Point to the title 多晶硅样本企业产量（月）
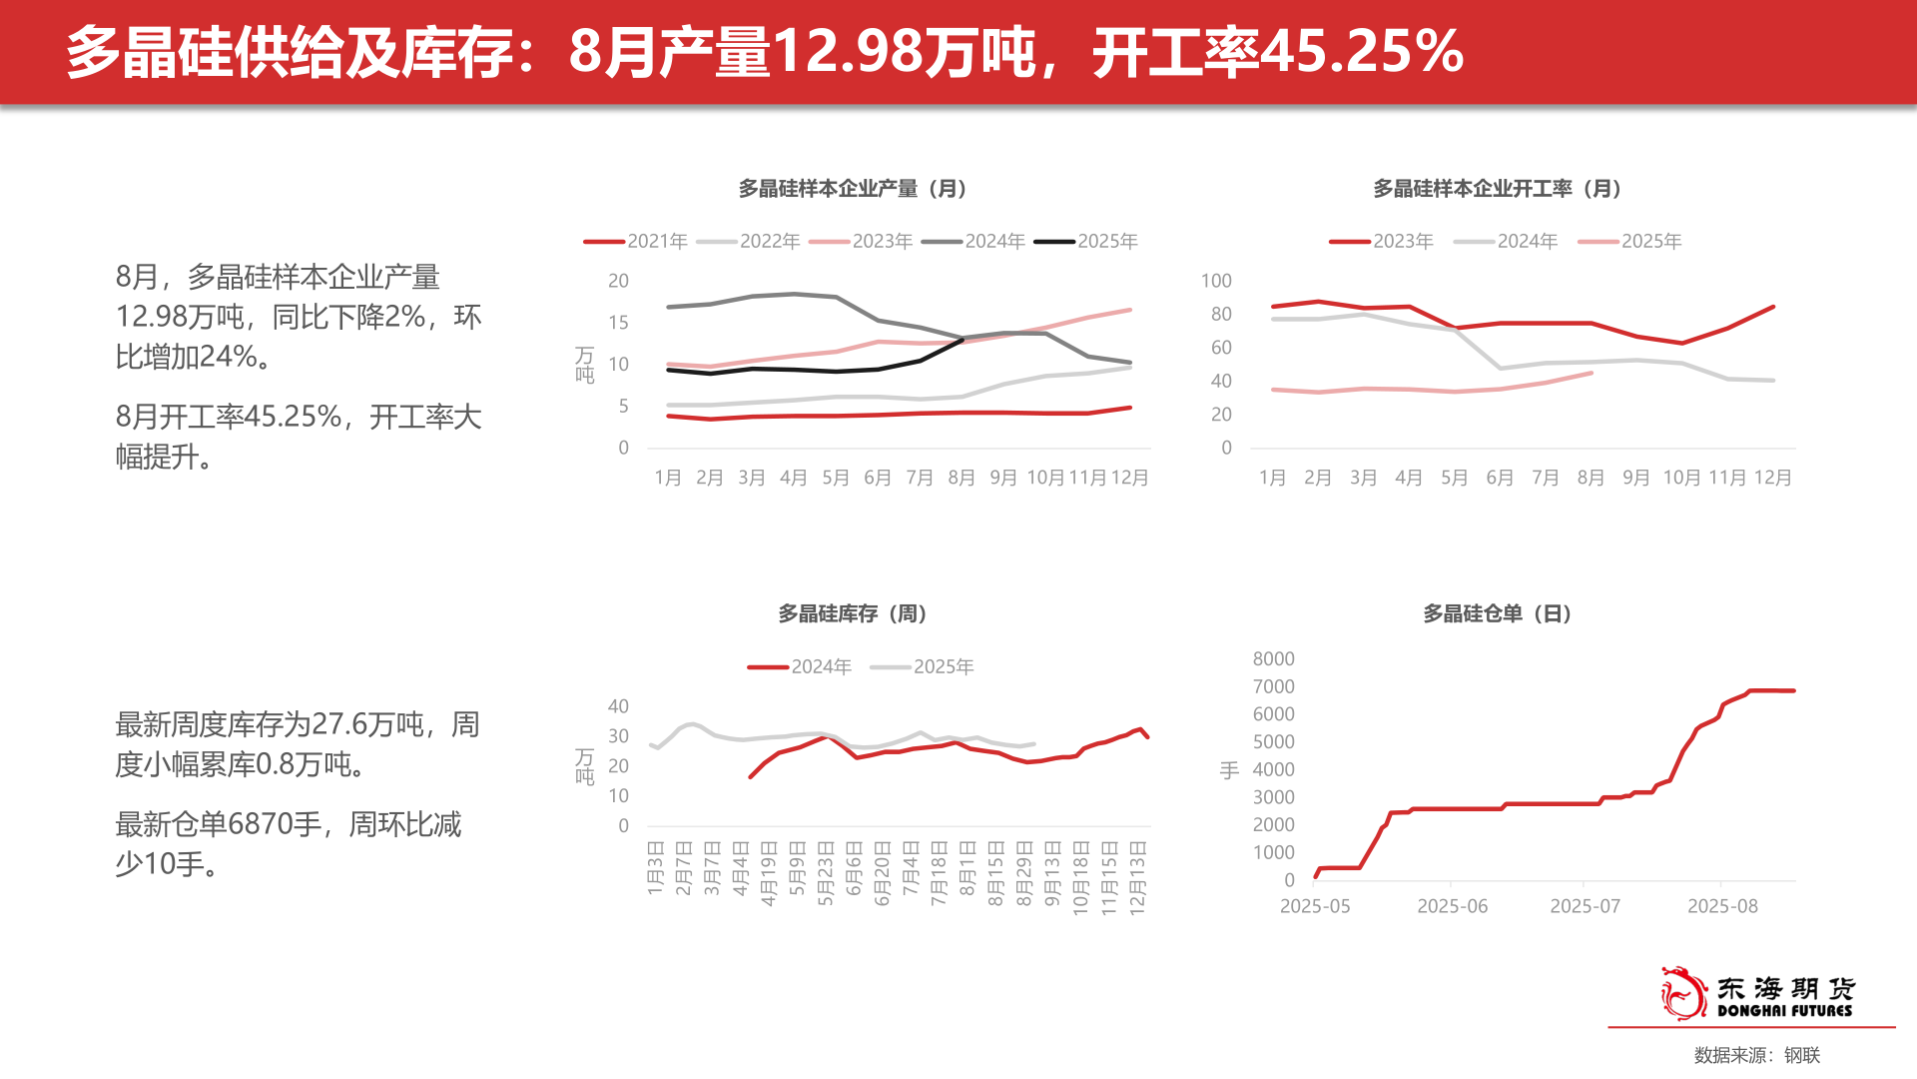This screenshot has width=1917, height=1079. click(x=855, y=189)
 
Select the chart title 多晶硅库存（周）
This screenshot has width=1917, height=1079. click(x=855, y=614)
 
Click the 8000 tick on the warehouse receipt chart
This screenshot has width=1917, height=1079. click(x=1273, y=659)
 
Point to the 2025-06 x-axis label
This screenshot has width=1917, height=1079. click(x=1452, y=906)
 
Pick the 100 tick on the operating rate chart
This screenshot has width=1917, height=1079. click(x=1216, y=282)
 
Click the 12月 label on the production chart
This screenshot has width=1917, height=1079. click(x=1129, y=478)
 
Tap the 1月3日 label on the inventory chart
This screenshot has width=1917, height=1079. click(x=655, y=867)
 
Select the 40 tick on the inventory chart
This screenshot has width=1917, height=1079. click(x=618, y=707)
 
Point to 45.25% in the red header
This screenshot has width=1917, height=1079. click(x=1362, y=52)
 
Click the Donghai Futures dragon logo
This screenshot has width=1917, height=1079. click(x=1683, y=993)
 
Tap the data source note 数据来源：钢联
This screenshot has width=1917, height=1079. click(x=1756, y=1055)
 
